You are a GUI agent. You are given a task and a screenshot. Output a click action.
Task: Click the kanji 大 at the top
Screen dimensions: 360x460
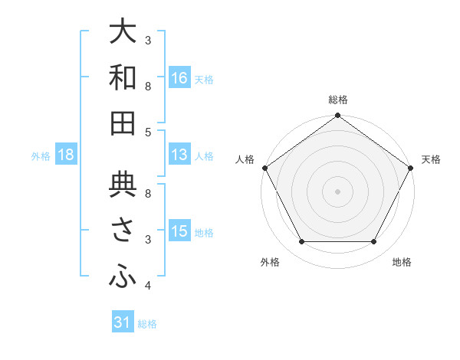tap(123, 33)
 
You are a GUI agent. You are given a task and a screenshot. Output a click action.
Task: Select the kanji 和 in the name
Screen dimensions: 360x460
tap(123, 77)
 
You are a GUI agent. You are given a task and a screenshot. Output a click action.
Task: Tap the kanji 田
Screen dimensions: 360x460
tap(123, 123)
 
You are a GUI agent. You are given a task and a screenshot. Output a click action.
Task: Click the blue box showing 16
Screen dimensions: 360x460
tap(179, 78)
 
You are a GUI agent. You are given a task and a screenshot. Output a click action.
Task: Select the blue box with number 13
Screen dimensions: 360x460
tap(179, 155)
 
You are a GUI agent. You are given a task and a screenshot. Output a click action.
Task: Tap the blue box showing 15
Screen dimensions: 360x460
tap(179, 232)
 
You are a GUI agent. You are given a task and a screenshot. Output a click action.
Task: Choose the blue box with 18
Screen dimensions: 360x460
tap(66, 155)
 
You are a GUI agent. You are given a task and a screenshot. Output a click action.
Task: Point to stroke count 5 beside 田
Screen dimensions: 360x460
tap(148, 133)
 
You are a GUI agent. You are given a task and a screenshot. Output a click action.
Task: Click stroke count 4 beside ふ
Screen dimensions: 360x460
tap(148, 286)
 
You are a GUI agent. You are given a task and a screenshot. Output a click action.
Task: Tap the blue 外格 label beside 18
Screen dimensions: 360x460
tap(41, 156)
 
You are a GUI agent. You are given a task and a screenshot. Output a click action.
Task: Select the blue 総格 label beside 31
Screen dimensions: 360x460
tap(147, 324)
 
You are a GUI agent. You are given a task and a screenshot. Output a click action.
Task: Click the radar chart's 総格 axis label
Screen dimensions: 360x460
tap(337, 100)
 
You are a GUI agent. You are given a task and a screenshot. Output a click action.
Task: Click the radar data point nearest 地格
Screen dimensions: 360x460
tap(374, 242)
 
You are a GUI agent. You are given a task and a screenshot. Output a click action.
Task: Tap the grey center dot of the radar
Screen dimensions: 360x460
tap(337, 191)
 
